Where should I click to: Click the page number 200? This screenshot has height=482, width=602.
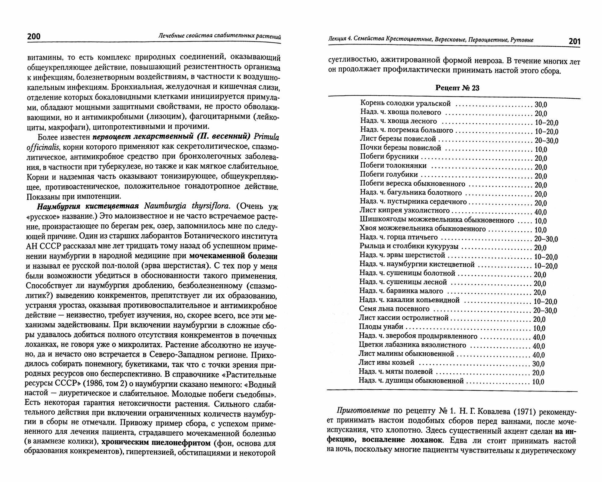coord(34,36)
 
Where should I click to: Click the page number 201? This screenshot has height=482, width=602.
coord(574,42)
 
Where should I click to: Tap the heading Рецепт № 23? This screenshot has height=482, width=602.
coord(457,88)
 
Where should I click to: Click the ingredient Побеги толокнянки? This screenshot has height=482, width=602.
coord(393,165)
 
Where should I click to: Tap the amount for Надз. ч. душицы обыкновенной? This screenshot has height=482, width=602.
coord(538,382)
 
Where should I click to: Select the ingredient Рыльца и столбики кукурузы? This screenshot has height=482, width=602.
coord(409,246)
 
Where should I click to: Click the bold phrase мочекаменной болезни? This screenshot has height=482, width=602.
coord(233,256)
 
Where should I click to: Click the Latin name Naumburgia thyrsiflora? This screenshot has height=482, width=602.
coord(187,206)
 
